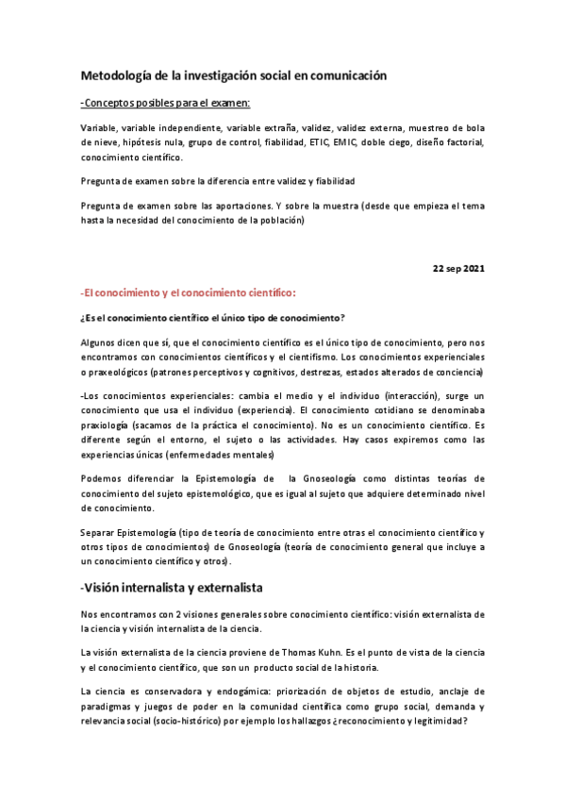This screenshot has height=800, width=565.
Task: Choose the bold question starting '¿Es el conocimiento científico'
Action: [212, 317]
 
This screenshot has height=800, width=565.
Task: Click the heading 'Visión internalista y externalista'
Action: [174, 587]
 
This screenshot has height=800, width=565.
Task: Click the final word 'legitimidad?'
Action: [432, 722]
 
